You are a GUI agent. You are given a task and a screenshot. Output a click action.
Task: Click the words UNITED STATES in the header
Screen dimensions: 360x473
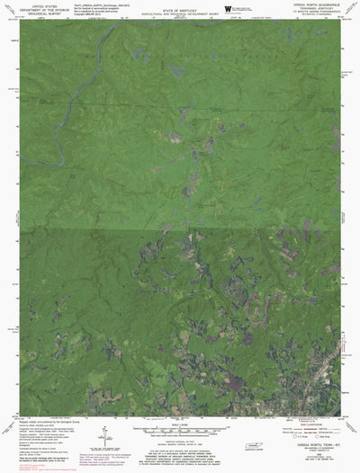(42, 4)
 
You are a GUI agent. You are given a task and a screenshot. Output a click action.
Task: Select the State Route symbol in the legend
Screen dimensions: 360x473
(323, 412)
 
